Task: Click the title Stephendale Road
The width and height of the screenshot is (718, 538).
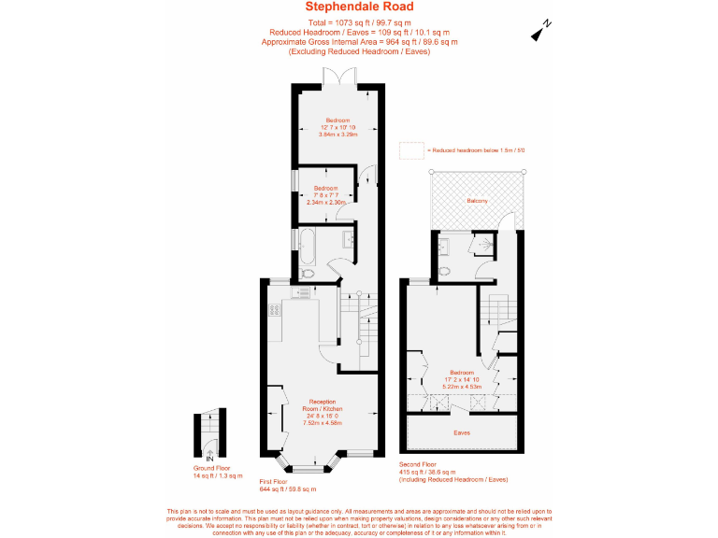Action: [359, 7]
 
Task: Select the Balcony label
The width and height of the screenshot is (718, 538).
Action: [476, 201]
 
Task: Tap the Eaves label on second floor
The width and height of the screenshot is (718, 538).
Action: [462, 432]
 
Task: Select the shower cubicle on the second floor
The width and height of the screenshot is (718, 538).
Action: [485, 245]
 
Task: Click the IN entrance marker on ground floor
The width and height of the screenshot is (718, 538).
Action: [210, 459]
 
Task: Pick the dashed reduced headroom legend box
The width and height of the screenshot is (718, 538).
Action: [410, 149]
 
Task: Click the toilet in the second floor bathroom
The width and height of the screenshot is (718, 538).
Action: [445, 271]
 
